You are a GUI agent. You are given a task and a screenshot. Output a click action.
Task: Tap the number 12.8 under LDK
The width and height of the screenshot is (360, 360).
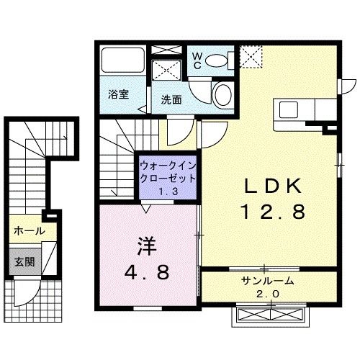[x=272, y=212]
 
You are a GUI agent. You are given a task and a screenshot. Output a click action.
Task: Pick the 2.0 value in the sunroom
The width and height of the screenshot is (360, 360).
[x=268, y=294]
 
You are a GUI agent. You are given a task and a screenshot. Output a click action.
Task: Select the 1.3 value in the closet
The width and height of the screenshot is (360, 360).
[x=166, y=192]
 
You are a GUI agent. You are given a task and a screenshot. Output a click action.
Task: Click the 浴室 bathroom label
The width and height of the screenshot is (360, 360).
[x=117, y=94]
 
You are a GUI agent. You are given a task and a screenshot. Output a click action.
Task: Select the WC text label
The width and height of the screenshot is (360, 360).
[x=195, y=60]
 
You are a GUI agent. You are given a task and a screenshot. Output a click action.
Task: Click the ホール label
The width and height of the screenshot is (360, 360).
[x=29, y=231]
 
